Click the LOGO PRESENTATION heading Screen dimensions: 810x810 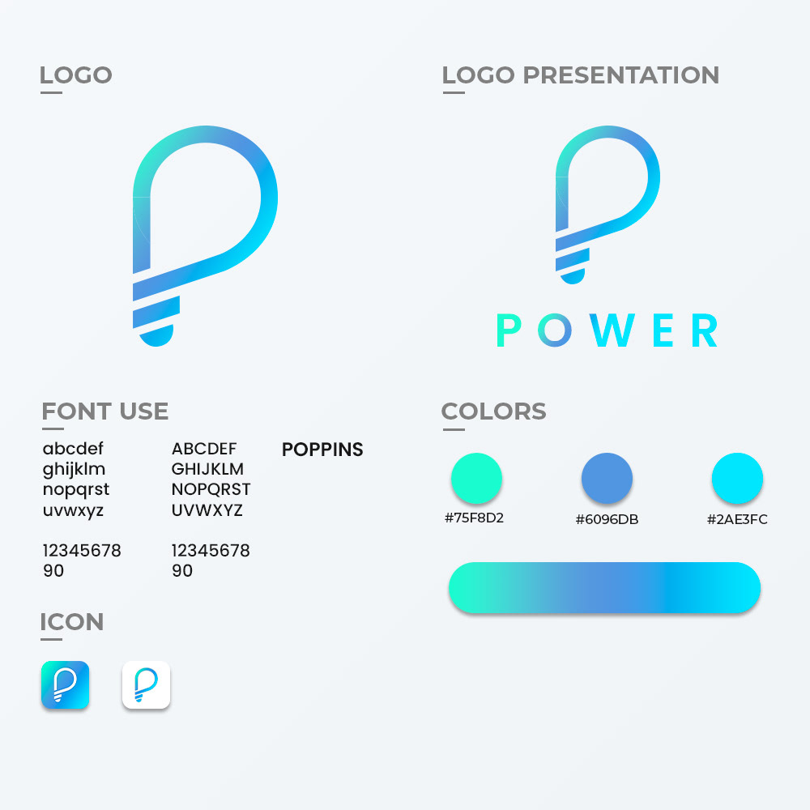581,75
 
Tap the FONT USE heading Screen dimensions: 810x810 105,411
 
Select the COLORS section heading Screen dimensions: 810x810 494,411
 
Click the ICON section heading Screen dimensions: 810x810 72,621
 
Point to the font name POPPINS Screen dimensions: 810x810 322,450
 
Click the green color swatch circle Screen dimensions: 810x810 476,479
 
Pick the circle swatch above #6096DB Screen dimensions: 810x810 607,479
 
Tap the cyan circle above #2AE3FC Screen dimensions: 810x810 737,479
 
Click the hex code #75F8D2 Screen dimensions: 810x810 474,518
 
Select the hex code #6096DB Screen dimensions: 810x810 607,519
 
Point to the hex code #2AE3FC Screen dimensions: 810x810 737,519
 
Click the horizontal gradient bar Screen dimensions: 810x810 604,587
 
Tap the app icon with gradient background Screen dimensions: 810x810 65,684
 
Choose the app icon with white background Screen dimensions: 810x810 146,684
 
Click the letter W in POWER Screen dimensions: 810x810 612,330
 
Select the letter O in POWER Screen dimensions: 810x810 555,330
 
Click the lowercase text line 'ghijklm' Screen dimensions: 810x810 74,470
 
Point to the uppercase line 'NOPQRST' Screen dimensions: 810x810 211,489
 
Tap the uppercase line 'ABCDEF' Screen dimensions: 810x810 204,449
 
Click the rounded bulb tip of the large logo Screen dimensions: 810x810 156,337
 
